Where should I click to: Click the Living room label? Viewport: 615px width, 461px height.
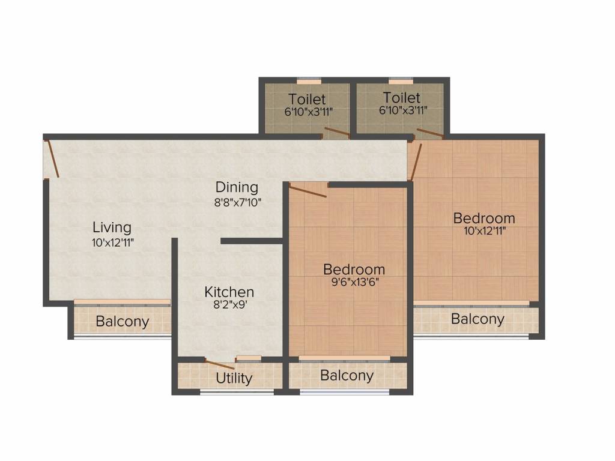point(112,227)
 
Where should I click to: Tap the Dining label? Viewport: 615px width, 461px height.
point(237,187)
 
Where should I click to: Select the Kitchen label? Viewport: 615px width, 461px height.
point(229,292)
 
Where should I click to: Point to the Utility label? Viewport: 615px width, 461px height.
point(234,378)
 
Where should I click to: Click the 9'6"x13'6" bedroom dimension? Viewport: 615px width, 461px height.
point(355,282)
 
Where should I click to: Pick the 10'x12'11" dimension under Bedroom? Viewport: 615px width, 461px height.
point(485,231)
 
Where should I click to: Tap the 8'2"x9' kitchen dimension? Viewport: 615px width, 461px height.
point(230,304)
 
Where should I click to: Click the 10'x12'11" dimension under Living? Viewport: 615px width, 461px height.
point(113,243)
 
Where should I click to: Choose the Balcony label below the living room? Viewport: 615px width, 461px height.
point(123,322)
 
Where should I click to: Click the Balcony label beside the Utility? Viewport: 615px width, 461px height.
point(347,376)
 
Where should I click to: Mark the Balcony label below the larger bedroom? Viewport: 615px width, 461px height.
point(477,319)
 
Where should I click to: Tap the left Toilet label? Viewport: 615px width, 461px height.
point(307,99)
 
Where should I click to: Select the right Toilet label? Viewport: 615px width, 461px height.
point(402,98)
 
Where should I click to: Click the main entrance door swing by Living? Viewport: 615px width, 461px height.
point(53,158)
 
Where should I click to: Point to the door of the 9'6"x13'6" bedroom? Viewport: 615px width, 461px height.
point(308,190)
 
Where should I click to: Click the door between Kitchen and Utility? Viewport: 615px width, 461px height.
point(220,364)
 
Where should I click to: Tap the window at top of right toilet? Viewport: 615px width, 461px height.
point(401,82)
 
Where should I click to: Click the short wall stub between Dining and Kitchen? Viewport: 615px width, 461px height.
point(252,241)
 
